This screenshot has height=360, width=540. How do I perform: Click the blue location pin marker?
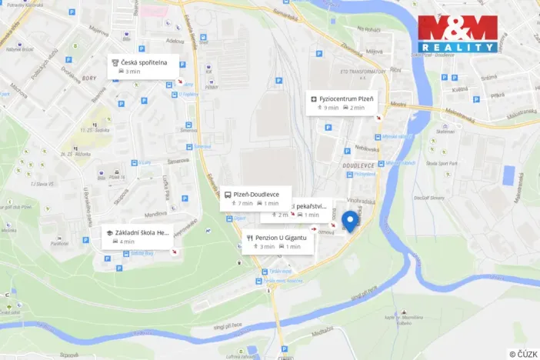click(x=351, y=222)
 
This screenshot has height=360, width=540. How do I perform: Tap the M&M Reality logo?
click(x=457, y=33)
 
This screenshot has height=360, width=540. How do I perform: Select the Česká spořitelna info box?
click(x=144, y=66)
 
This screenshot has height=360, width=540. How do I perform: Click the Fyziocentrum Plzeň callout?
click(x=342, y=103)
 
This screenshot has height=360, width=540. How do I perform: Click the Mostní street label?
click(x=398, y=103)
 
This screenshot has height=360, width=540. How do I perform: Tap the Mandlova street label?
click(x=157, y=215)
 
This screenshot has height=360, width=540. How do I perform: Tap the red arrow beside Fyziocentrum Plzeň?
click(x=377, y=118)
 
